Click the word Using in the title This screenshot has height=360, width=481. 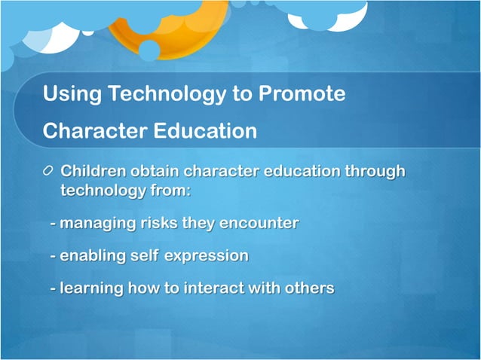coord(72,95)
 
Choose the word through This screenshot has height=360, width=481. coord(375,172)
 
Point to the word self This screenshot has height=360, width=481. coord(143,256)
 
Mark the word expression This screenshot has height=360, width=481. coord(206,256)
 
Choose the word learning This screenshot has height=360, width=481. coord(91,288)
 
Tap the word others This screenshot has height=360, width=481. coord(309,288)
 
